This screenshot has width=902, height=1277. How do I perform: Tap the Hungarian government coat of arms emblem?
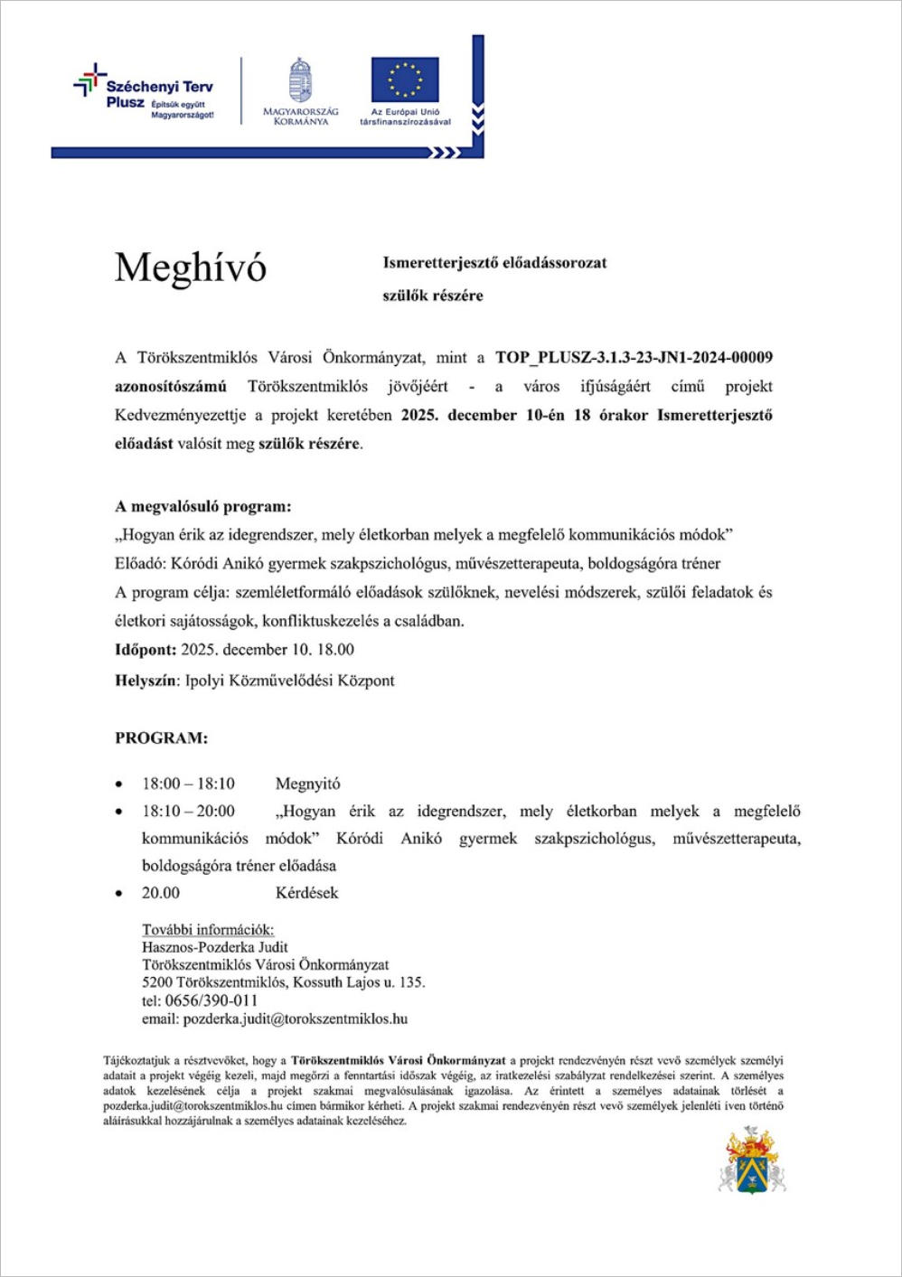300,80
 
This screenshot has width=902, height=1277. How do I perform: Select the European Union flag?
404,80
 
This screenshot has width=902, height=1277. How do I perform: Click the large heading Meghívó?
191,268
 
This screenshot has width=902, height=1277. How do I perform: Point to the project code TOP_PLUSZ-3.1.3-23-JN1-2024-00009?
634,358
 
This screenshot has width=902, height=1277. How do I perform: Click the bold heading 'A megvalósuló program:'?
203,506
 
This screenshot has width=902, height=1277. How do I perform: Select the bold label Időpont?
146,650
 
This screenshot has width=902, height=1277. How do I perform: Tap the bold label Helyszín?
147,681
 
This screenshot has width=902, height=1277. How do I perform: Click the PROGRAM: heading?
161,738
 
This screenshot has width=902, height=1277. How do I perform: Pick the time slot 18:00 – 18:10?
188,784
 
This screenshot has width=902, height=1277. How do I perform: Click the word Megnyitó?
308,784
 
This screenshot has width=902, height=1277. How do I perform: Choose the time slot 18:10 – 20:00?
188,812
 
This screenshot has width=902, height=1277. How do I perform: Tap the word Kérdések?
307,893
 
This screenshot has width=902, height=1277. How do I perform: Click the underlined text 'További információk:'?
208,930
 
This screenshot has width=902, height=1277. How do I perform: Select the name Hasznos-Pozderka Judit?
215,947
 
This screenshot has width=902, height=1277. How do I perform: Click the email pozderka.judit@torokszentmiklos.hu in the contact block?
295,1019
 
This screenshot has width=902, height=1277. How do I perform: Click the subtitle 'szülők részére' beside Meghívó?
433,296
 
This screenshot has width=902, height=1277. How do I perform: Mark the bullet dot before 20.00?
119,894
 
